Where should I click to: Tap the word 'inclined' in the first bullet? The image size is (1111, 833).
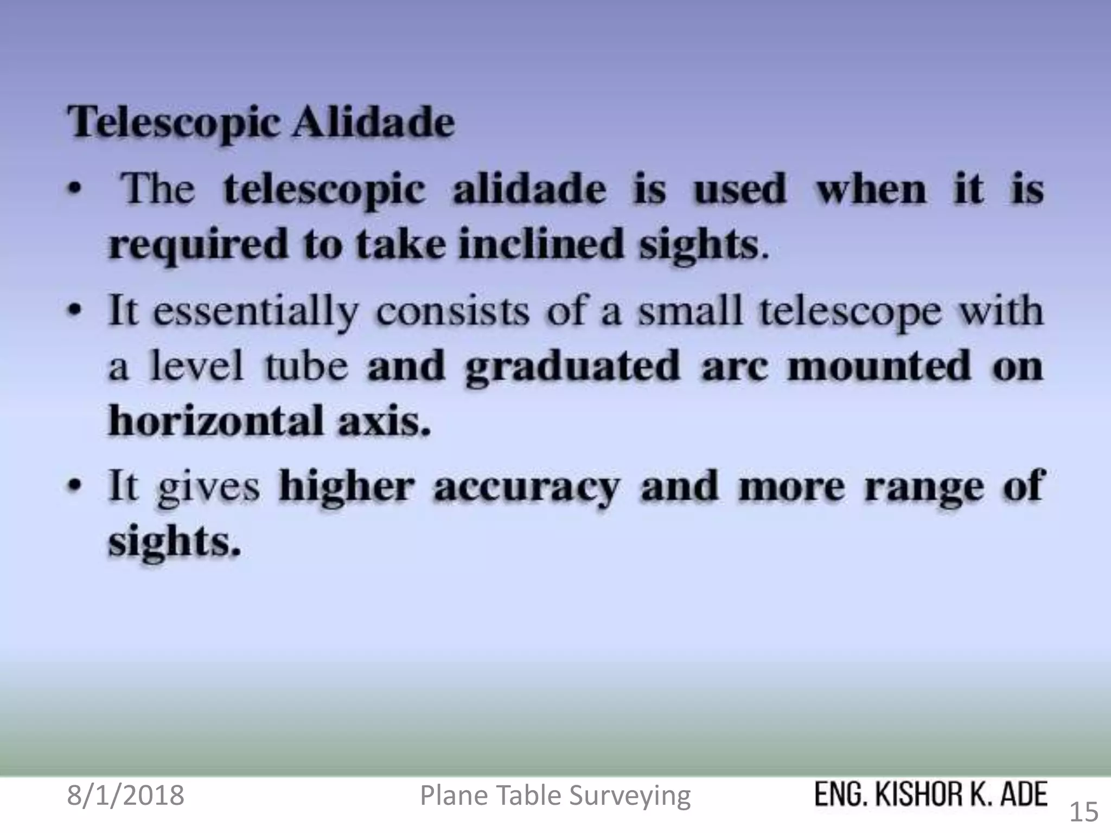(x=540, y=244)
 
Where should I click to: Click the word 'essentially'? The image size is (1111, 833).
(x=256, y=313)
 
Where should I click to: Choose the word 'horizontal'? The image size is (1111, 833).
(x=215, y=421)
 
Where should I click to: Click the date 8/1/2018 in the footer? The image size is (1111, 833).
(x=125, y=796)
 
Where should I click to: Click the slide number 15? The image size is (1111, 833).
(x=1083, y=812)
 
